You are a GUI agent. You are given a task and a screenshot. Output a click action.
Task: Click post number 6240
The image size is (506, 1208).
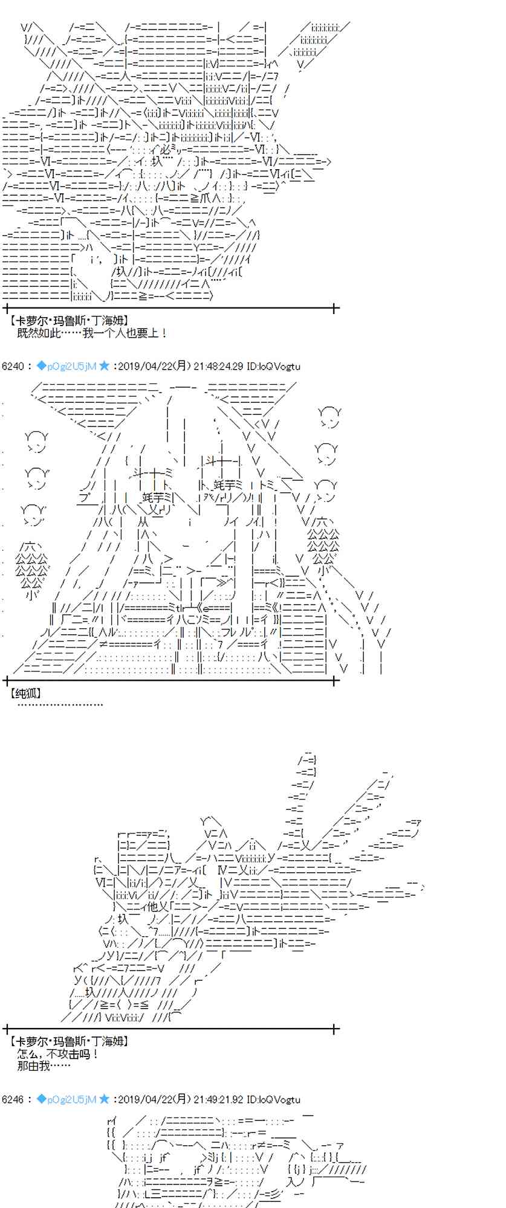13,366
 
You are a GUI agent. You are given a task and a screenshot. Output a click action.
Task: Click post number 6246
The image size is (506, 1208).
13,1099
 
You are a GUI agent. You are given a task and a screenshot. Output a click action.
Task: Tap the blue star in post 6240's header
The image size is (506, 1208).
104,365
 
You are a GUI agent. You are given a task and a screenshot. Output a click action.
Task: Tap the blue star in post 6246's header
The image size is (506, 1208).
104,1099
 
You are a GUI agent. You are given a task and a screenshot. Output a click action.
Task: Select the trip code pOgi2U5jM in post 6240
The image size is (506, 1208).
66,366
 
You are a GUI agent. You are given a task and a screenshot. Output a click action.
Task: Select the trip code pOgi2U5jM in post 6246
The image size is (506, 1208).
66,1099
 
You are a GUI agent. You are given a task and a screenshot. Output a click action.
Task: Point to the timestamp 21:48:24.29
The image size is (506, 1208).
218,366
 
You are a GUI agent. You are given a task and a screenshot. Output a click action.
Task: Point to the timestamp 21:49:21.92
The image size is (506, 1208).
218,1099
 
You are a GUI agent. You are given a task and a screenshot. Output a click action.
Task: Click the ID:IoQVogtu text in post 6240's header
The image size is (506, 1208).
273,366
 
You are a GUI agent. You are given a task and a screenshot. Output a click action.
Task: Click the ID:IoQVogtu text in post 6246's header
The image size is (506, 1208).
273,1099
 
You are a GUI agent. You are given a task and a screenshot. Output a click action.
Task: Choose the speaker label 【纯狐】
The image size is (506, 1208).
25,693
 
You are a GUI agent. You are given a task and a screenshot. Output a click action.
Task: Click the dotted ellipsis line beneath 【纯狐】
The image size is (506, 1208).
60,704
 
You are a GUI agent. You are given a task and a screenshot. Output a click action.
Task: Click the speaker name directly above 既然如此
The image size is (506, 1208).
69,321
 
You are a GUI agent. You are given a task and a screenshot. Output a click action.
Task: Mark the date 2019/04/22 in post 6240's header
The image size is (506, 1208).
143,366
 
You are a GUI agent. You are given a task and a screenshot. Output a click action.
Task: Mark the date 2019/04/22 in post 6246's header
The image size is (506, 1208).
143,1099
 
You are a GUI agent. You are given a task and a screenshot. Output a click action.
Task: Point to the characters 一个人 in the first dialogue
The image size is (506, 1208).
111,333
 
